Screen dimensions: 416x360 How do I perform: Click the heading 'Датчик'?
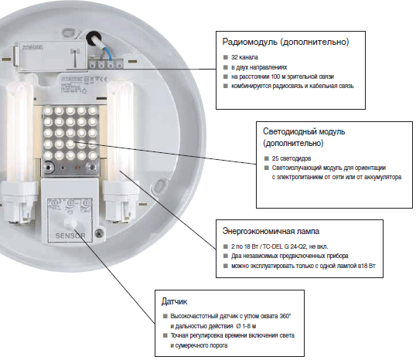point(174,301)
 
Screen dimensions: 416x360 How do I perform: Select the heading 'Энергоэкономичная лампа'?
point(271,231)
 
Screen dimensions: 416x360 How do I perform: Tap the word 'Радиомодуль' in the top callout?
point(250,42)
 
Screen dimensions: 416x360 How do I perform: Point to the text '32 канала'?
point(244,57)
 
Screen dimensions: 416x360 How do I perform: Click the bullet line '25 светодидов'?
point(292,158)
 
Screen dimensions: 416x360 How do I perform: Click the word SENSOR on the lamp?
point(70,236)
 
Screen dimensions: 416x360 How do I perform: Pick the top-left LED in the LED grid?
point(48,110)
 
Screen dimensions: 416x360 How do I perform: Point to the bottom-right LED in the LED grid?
point(93,155)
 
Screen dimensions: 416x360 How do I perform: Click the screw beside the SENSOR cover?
point(99,233)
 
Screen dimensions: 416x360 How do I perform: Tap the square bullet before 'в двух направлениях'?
point(226,67)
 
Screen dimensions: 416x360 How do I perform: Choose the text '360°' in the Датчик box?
point(285,316)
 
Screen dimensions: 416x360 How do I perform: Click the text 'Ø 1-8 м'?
point(247,326)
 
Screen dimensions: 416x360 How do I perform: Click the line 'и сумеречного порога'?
point(199,345)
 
